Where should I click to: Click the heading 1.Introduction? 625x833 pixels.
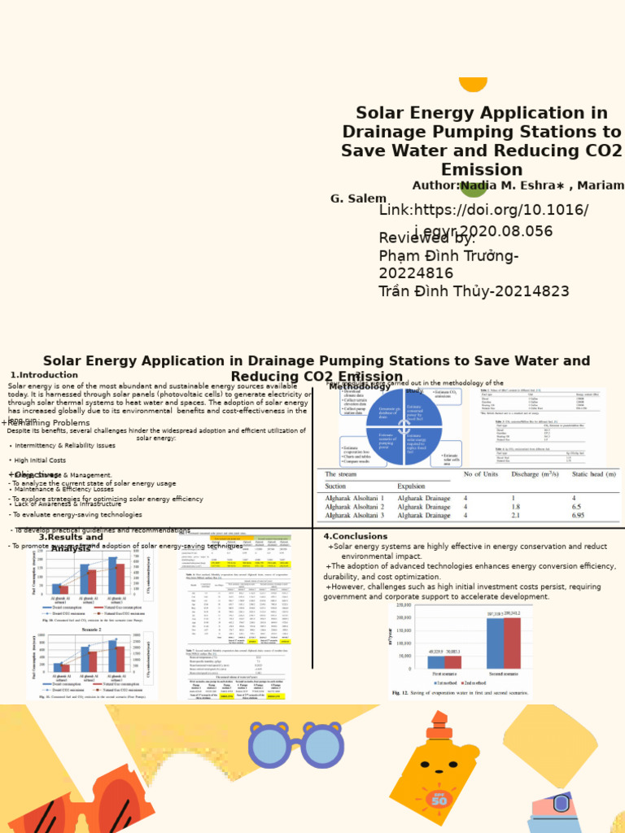tap(44, 375)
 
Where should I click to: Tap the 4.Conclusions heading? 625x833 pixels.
tap(356, 536)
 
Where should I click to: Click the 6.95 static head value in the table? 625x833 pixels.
tap(578, 515)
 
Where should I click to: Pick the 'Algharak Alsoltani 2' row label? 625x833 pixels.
tap(355, 506)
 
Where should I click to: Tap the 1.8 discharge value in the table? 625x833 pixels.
tap(515, 506)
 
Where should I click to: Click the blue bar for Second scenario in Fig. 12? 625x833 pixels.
tap(495, 643)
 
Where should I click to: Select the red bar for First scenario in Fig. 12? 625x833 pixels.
tap(454, 662)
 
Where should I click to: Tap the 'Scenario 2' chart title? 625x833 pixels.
tap(90, 630)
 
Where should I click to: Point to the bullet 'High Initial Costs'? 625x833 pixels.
tap(41, 460)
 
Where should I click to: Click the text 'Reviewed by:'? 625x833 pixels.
tap(426, 238)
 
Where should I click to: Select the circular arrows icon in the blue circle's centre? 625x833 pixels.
tap(404, 426)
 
